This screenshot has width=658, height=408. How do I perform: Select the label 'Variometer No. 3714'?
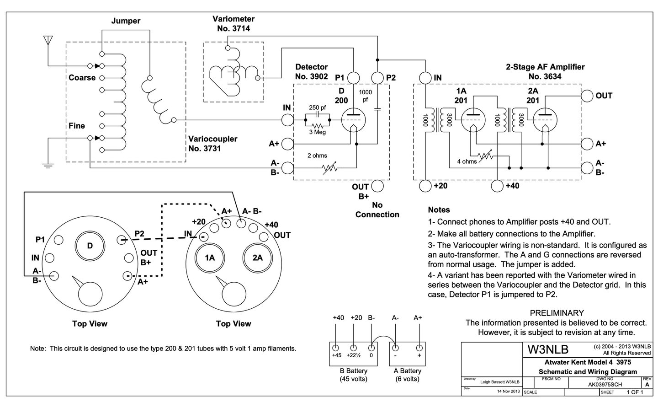(x=233, y=24)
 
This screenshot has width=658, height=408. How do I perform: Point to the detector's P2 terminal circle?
(x=377, y=77)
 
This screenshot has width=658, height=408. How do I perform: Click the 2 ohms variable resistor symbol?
(x=330, y=168)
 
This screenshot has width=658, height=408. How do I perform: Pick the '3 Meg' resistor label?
(x=317, y=132)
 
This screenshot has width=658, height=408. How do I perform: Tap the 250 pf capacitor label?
(x=317, y=108)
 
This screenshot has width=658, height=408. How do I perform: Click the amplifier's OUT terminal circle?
(x=587, y=96)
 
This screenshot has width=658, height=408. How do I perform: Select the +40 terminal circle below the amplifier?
(x=497, y=186)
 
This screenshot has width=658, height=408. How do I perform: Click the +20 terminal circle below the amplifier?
(x=425, y=186)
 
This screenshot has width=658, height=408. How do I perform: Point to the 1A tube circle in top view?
(x=210, y=258)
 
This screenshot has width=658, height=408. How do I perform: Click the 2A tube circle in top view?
(x=257, y=258)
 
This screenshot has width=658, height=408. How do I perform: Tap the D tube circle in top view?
(x=90, y=246)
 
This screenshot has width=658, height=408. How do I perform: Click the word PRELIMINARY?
(x=557, y=313)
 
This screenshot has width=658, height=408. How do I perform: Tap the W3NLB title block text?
(x=548, y=350)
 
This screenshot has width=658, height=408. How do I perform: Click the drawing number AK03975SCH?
(x=605, y=385)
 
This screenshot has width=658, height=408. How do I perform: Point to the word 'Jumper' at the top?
(x=126, y=21)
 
